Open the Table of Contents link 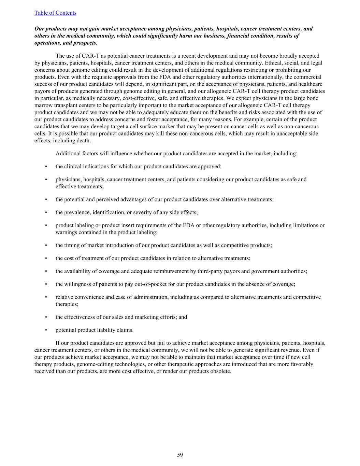click(x=55, y=13)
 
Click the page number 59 click(x=180, y=455)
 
